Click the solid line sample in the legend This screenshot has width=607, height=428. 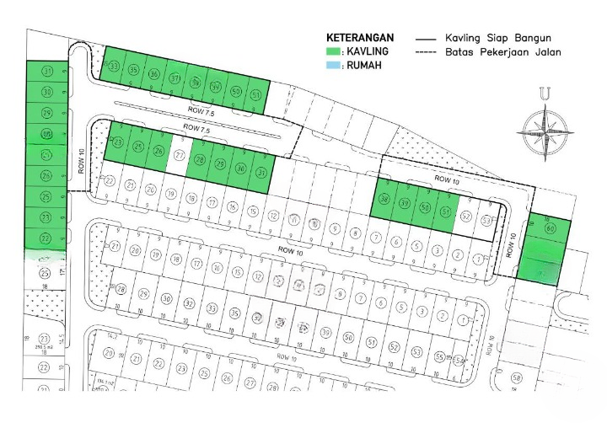click(x=428, y=39)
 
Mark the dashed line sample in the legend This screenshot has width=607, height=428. click(x=428, y=52)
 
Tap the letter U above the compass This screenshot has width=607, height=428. click(x=546, y=94)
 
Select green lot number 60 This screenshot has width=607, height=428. click(x=550, y=228)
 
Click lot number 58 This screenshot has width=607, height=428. click(x=517, y=378)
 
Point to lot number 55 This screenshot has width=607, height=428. click(x=439, y=356)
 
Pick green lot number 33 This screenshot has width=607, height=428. click(x=113, y=67)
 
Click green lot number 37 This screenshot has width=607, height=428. click(x=175, y=79)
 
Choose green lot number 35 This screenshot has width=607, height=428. click(x=133, y=71)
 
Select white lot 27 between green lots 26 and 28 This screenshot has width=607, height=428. click(x=179, y=156)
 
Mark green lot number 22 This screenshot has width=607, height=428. click(x=46, y=238)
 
